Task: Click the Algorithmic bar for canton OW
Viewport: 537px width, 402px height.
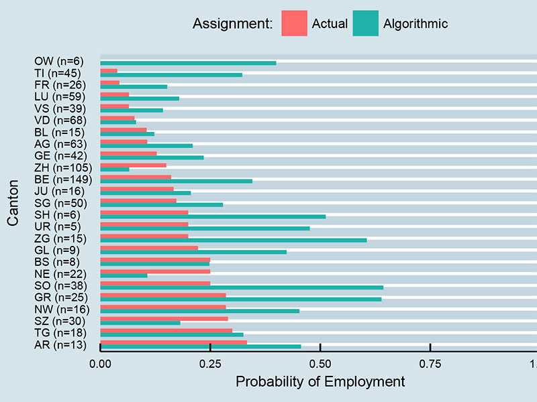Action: click(x=188, y=63)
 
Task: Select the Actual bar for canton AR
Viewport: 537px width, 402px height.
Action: click(x=173, y=342)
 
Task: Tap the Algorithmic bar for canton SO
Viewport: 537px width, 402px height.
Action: click(x=242, y=287)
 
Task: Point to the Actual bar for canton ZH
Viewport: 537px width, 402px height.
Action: click(x=133, y=165)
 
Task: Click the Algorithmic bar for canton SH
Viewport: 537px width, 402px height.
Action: click(x=213, y=216)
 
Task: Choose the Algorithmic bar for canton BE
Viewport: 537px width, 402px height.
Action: click(x=176, y=181)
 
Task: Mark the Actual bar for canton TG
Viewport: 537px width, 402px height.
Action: click(x=166, y=330)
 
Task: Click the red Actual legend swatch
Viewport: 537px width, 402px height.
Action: click(x=294, y=23)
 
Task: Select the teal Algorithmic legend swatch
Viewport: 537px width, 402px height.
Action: click(x=365, y=23)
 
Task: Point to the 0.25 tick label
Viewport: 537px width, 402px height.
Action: click(x=210, y=364)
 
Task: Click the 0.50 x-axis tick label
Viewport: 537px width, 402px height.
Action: click(x=320, y=364)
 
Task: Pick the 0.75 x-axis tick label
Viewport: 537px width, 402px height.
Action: click(x=430, y=364)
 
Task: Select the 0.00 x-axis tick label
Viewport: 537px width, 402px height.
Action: click(x=100, y=364)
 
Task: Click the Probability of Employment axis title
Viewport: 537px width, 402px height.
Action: click(x=320, y=382)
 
